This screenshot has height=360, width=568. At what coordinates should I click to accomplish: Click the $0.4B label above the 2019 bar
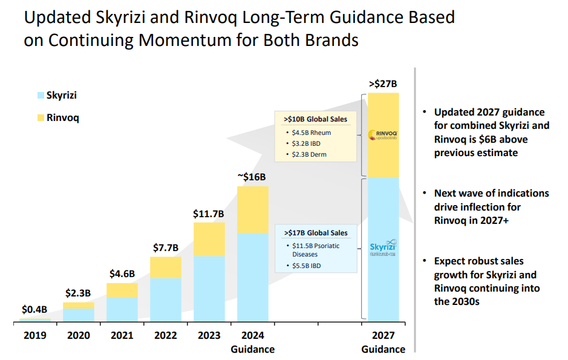point(34,310)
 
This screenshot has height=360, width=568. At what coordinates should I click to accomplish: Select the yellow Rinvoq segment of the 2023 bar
point(209,240)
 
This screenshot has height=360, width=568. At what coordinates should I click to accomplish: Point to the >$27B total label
point(382,83)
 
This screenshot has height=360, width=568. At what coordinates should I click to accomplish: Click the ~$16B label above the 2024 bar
point(252,177)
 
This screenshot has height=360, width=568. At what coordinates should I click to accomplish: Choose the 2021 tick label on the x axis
point(122,335)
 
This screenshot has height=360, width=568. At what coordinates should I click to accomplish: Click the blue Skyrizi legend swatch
point(41,96)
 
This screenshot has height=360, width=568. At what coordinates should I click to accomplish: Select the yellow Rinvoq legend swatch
point(41,117)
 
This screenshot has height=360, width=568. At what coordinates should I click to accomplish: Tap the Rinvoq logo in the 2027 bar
point(382,135)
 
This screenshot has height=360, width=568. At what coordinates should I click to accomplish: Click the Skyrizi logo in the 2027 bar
point(382,249)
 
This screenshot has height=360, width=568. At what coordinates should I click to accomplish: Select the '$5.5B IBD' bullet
point(308,266)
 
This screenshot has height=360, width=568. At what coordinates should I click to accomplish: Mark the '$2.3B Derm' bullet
point(310,154)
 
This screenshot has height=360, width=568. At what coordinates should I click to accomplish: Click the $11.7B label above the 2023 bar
point(209,214)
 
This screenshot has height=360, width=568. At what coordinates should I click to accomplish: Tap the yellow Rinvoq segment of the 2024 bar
point(252,210)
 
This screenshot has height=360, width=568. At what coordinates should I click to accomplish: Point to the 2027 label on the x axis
point(383,335)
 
